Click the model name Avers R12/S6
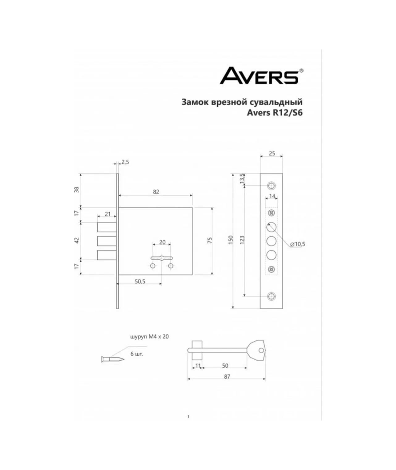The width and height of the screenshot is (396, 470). coord(275,113)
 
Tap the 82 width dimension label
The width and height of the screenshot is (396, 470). coord(156,192)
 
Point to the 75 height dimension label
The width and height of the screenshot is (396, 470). coord(210,241)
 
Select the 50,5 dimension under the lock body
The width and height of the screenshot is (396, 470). coord(140,282)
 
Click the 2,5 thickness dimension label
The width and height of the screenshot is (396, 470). coord(125,162)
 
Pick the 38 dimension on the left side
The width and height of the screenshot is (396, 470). coord(77,189)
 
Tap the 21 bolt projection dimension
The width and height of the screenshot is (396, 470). coord(107,214)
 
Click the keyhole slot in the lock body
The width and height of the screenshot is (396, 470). coord(161,258)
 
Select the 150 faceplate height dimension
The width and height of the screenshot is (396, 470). coord(231,240)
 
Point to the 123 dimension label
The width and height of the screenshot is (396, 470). coord(242,240)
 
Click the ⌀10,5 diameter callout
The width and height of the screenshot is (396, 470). coord(298,244)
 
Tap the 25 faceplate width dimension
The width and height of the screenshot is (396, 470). coord(272,153)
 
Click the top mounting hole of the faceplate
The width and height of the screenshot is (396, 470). coord(271,186)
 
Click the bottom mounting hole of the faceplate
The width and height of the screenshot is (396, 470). coord(271,296)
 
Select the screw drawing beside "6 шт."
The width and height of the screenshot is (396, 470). coord(113,359)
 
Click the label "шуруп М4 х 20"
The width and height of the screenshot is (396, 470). coord(149,337)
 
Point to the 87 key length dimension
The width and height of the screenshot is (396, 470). coord(227,377)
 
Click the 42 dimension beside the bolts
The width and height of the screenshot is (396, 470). coord(77,240)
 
